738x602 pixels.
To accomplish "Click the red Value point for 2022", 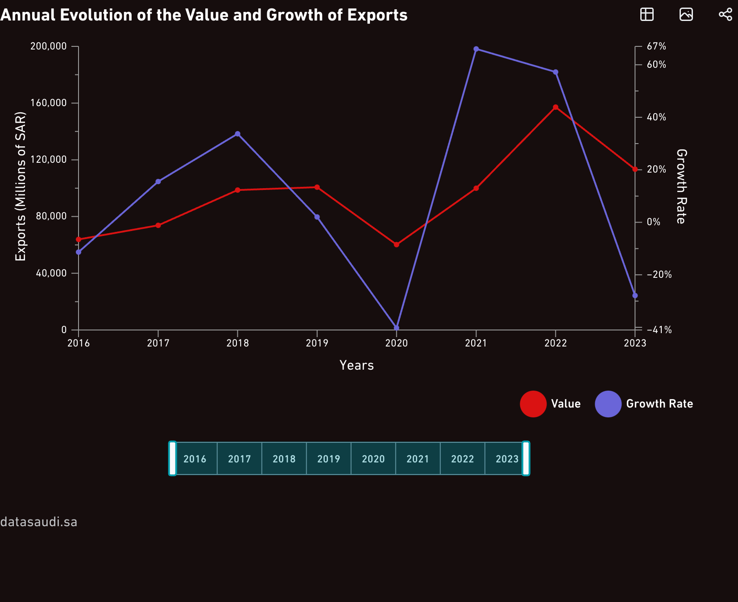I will (556, 107).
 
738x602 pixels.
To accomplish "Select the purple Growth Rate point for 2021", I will (476, 49).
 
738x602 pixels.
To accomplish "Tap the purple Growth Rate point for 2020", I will (397, 328).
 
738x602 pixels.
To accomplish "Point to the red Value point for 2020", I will (397, 245).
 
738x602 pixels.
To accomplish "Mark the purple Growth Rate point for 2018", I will (238, 134).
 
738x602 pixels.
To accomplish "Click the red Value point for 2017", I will (158, 225).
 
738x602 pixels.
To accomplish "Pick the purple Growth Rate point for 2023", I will (635, 296).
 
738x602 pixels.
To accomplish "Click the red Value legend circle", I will (533, 404).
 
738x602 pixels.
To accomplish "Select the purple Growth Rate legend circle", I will (608, 404).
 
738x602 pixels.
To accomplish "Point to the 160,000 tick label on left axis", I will (48, 103).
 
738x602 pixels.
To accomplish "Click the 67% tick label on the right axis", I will (656, 46).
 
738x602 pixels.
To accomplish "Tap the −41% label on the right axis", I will (659, 330).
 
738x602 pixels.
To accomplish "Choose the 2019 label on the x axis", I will (317, 343).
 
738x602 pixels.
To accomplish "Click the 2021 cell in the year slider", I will (418, 459).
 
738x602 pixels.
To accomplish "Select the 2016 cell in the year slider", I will (195, 459).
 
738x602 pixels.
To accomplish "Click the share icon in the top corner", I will (726, 14).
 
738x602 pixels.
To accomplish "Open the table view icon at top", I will (647, 14).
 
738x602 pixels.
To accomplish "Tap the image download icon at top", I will (686, 14).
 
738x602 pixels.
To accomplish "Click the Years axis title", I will (357, 365).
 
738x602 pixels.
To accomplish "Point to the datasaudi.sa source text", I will (39, 522).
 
